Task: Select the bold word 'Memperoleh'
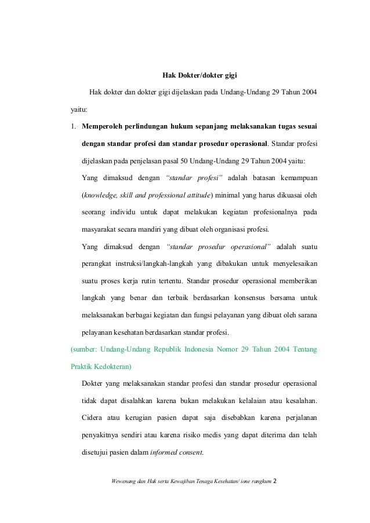[x=106, y=126]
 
